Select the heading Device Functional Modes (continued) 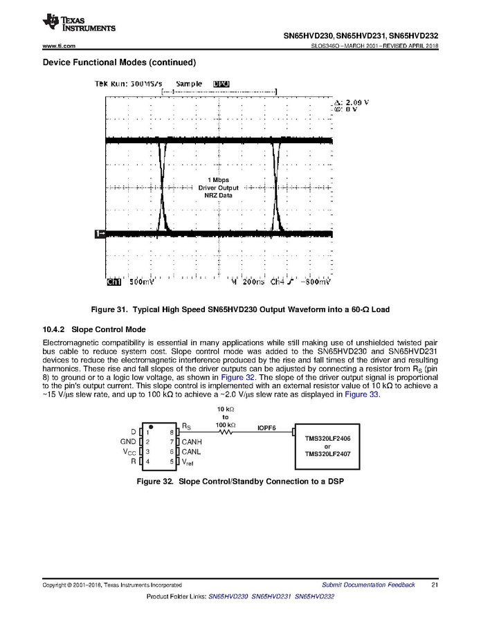pyautogui.click(x=119, y=62)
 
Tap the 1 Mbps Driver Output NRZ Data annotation pyautogui.click(x=218, y=187)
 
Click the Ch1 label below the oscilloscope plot pyautogui.click(x=114, y=282)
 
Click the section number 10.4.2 pyautogui.click(x=54, y=329)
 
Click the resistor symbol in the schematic pyautogui.click(x=224, y=431)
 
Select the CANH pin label pyautogui.click(x=192, y=441)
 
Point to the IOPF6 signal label pyautogui.click(x=267, y=427)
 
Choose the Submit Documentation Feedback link pyautogui.click(x=368, y=585)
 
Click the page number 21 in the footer pyautogui.click(x=434, y=585)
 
